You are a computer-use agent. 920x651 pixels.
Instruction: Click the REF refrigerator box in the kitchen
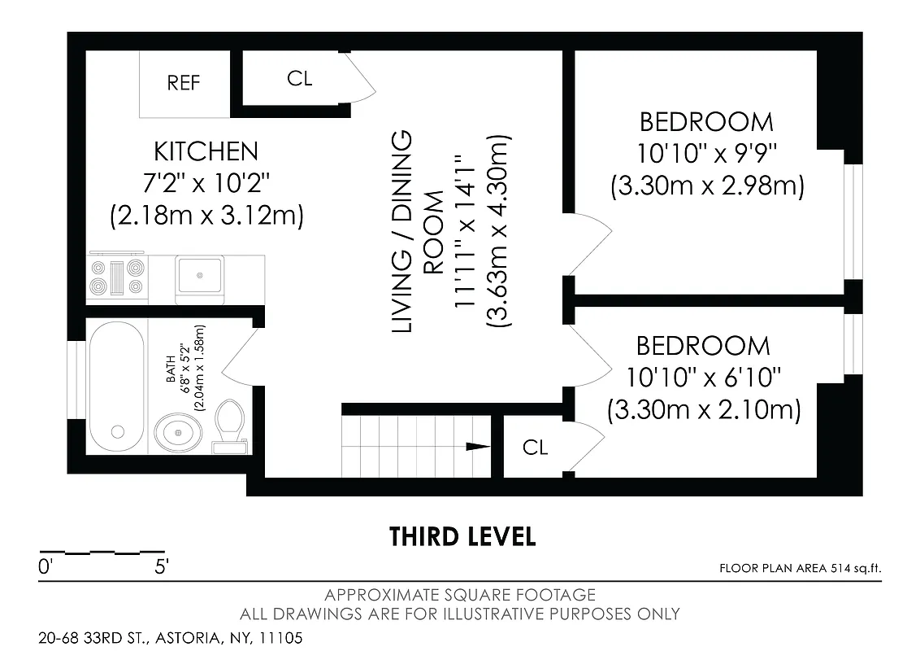pos(184,83)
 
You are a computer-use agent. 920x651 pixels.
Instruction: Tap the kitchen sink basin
pos(200,273)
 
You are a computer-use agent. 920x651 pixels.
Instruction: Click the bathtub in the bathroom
pos(117,386)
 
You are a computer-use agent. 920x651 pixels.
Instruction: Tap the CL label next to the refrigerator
pos(299,78)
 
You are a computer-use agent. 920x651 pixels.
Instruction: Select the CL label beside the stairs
pos(535,448)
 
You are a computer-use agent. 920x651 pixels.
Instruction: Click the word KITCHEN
pos(206,151)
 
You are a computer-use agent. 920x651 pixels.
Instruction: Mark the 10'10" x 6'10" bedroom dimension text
pos(704,378)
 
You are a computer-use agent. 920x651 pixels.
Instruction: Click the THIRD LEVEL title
pos(462,537)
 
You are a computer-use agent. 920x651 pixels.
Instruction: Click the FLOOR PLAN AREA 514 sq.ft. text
pos(800,569)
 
